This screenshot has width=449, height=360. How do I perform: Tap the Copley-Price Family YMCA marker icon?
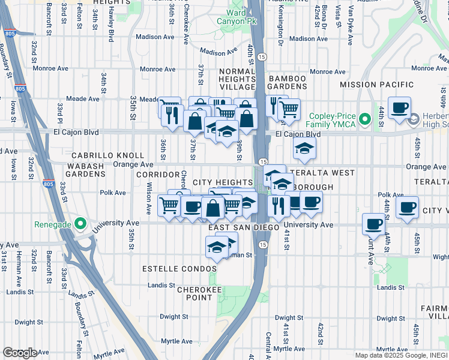click(363, 123)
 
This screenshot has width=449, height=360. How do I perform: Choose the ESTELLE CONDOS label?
click(170, 269)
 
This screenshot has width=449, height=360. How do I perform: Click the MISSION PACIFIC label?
click(376, 85)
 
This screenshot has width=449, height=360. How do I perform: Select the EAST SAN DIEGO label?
click(244, 228)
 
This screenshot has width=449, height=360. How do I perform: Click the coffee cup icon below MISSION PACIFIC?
click(399, 108)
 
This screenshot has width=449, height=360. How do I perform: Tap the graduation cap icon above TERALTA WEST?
click(305, 149)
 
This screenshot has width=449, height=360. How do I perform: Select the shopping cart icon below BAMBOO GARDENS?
click(289, 109)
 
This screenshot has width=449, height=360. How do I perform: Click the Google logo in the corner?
click(20, 353)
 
